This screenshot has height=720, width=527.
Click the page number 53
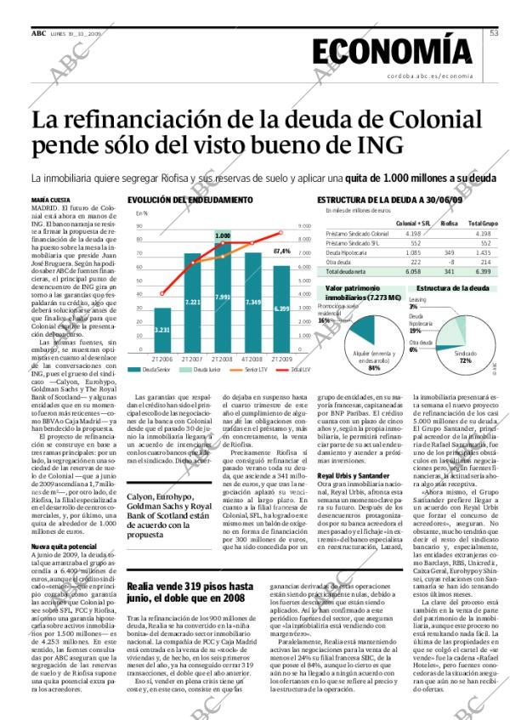click(495, 33)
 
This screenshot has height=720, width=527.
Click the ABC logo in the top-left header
click(38, 32)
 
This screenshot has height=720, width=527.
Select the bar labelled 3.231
click(161, 331)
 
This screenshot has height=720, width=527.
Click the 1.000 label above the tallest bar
click(223, 235)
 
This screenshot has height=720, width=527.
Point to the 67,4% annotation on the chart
click(282, 252)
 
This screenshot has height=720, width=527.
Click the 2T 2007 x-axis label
click(192, 360)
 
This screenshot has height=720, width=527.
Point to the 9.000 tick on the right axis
click(305, 226)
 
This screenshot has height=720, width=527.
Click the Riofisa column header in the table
click(449, 223)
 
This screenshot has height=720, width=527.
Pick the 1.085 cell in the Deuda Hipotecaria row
click(412, 252)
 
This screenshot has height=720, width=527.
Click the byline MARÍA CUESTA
click(51, 200)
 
